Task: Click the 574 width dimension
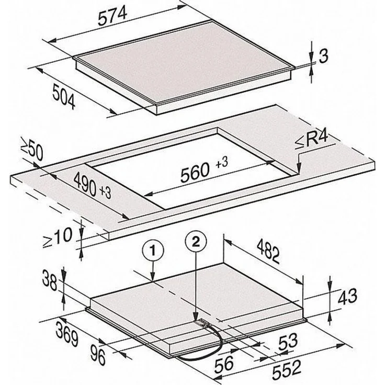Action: pyautogui.click(x=112, y=16)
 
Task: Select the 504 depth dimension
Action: pyautogui.click(x=64, y=96)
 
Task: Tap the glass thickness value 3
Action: pyautogui.click(x=323, y=56)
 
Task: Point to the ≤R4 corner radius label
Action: pyautogui.click(x=311, y=140)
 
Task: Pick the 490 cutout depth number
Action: pyautogui.click(x=85, y=184)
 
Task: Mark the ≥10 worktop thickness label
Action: pyautogui.click(x=58, y=237)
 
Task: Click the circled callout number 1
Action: pyautogui.click(x=153, y=251)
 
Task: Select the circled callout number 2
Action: pyautogui.click(x=196, y=243)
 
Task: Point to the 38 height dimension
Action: pyautogui.click(x=50, y=280)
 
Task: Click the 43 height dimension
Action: pyautogui.click(x=347, y=297)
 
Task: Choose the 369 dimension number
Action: pyautogui.click(x=67, y=333)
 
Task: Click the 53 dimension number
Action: pyautogui.click(x=288, y=342)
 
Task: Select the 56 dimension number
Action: pyautogui.click(x=224, y=364)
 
